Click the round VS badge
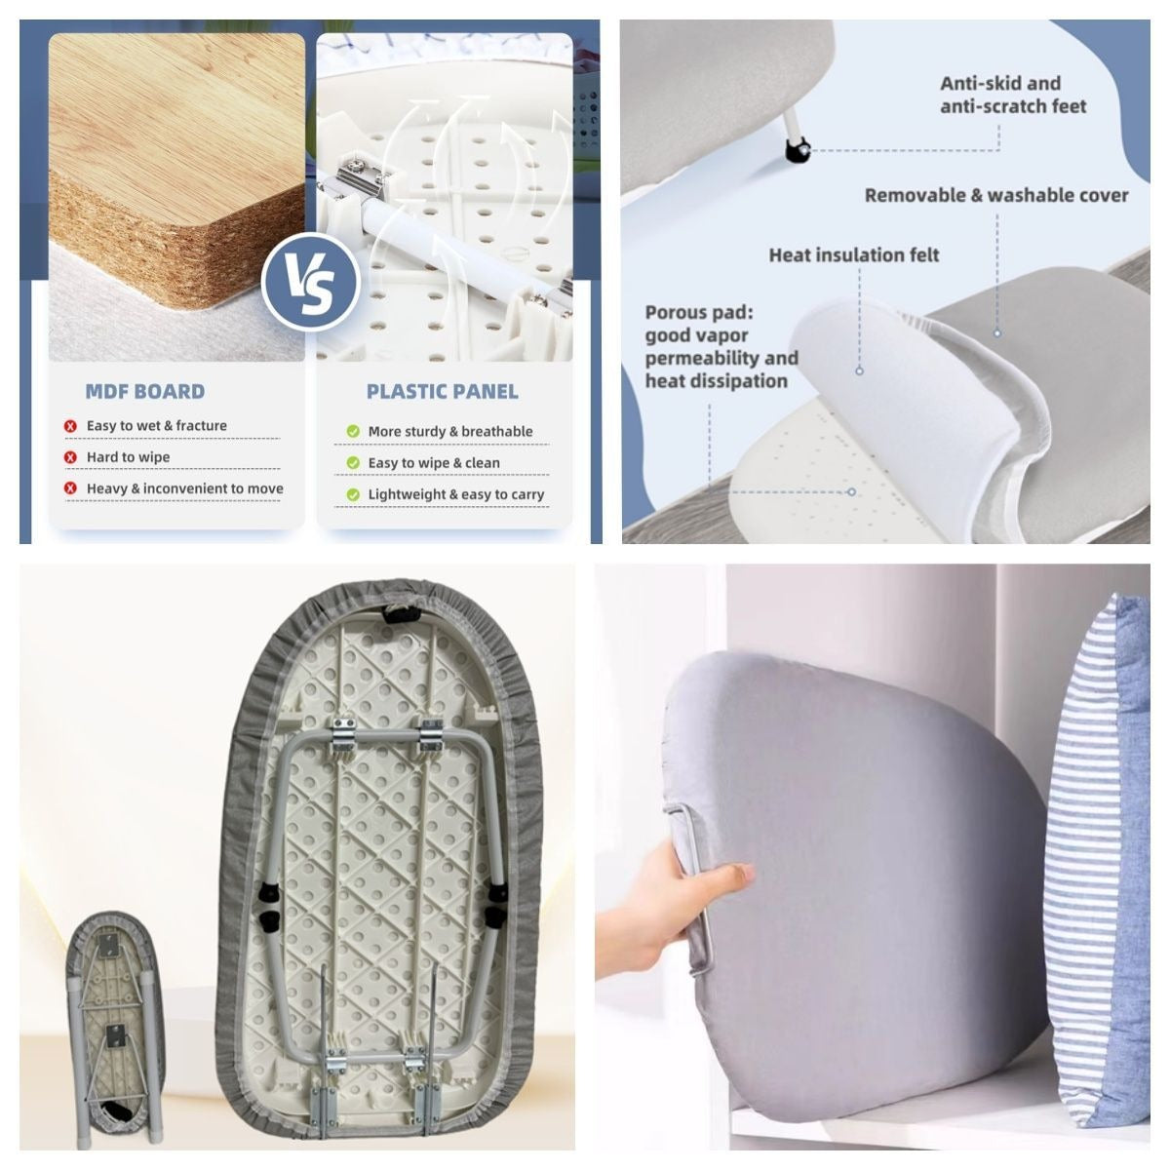point(310,283)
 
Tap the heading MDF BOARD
point(145,392)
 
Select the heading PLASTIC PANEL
point(442,392)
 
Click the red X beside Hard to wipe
point(70,457)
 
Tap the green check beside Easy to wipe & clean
point(353,463)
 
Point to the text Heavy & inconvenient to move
point(184,488)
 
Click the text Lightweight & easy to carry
point(456,495)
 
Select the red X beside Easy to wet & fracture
point(70,426)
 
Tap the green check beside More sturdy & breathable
point(353,432)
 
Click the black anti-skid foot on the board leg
point(798,150)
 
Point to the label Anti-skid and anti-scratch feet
point(1013,95)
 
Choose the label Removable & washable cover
point(995,196)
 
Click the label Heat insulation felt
point(854,255)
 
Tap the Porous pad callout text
point(721,347)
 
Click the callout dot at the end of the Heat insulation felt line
point(859,370)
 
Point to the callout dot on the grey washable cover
point(997,333)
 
